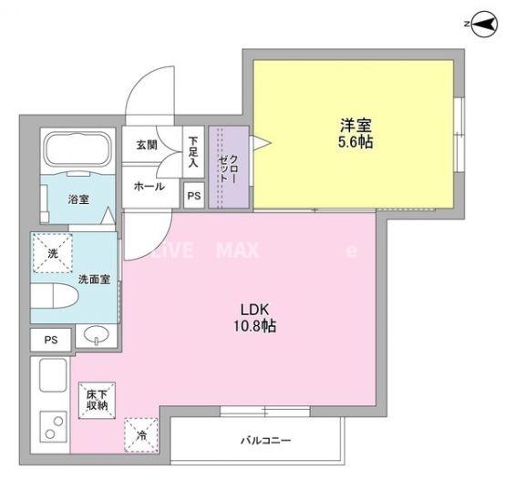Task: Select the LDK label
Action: (253, 308)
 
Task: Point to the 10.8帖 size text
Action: (253, 325)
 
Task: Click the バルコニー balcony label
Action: (265, 441)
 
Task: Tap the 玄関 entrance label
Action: (147, 144)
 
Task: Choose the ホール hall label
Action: (149, 186)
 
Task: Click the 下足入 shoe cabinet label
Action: (193, 151)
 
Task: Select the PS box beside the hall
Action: (193, 194)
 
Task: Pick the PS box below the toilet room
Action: (51, 340)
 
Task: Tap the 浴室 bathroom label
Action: (77, 199)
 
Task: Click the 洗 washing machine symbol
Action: (54, 254)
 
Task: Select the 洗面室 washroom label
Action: (94, 279)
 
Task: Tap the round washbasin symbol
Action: (95, 338)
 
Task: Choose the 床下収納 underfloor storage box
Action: (97, 398)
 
